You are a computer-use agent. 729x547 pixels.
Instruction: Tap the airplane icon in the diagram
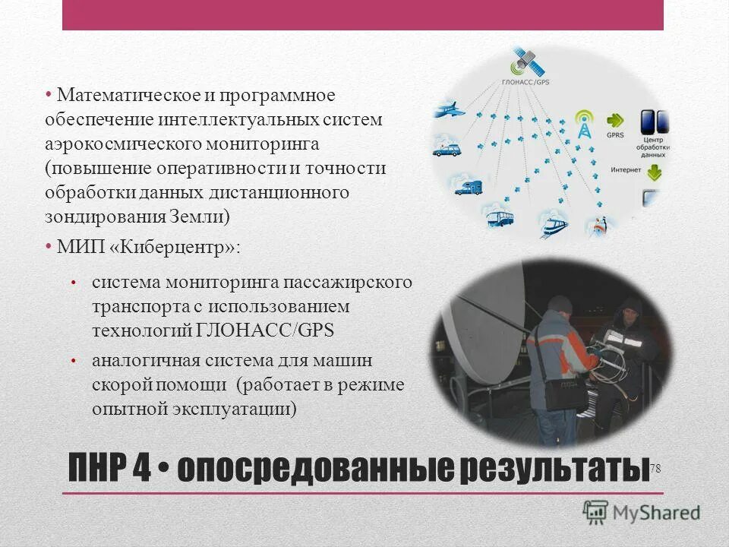click(x=448, y=111)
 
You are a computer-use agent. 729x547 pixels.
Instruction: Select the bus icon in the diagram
click(x=500, y=218)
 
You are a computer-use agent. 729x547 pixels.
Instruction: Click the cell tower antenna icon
click(x=584, y=125)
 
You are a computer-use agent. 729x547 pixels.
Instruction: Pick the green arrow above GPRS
click(x=616, y=121)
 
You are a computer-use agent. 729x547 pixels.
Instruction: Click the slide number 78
click(x=655, y=470)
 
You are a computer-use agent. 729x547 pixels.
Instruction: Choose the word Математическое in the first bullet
click(x=121, y=96)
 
